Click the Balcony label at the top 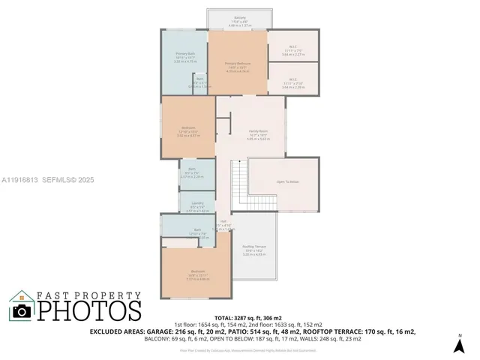(x=239, y=16)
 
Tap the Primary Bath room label (x=185, y=53)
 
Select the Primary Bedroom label (x=237, y=63)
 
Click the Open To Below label (x=288, y=181)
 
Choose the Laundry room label (x=198, y=203)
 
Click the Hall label (x=223, y=220)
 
